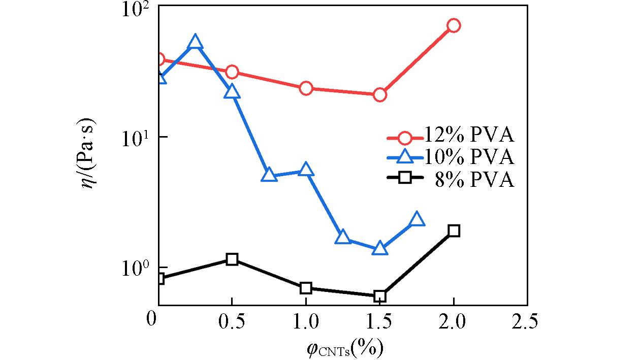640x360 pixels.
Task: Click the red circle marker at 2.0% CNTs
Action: coord(454,25)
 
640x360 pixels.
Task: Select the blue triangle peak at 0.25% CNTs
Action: coord(196,43)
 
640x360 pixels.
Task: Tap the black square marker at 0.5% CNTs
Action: coord(232,259)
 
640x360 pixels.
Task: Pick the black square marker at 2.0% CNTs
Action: coord(454,231)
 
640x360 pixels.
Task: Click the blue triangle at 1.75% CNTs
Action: coord(417,219)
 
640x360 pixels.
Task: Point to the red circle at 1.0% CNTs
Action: coord(306,88)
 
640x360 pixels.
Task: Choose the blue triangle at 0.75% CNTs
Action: coord(269,176)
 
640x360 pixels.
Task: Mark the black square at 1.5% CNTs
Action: coord(379,296)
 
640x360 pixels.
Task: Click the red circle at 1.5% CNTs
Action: coord(379,95)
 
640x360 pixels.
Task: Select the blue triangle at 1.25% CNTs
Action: coord(343,237)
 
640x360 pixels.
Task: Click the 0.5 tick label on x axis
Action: coord(232,321)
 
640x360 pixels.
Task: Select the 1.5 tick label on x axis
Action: coord(379,321)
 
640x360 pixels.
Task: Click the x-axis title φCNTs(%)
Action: coord(344,348)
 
